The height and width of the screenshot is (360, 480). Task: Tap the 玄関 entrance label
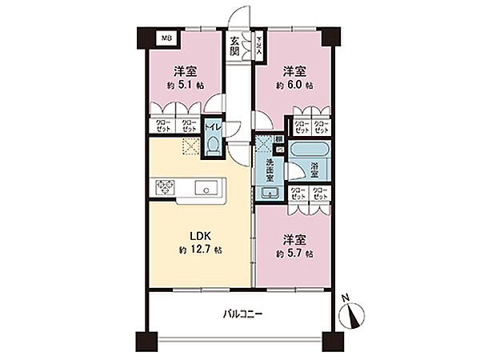[234, 46]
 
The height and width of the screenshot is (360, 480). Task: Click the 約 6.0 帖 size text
[295, 85]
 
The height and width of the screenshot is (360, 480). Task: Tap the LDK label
[198, 237]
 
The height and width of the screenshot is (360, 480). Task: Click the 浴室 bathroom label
[314, 170]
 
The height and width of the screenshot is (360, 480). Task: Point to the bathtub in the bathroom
[308, 150]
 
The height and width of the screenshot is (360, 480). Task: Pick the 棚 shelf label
[278, 139]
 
